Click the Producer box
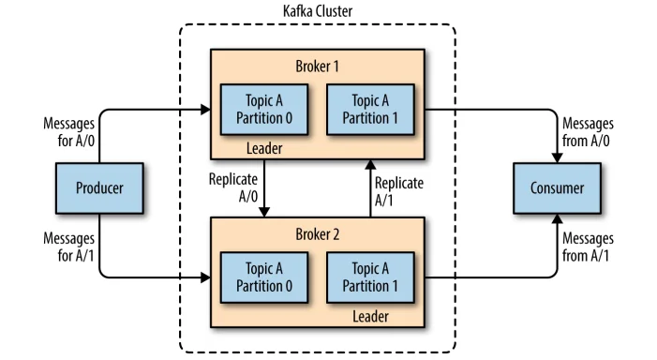(x=99, y=187)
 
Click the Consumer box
(x=556, y=187)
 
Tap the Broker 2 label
(x=316, y=234)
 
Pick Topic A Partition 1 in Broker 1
(x=369, y=110)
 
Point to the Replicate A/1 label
(x=398, y=191)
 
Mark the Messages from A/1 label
(x=586, y=247)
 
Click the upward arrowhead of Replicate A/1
(x=369, y=165)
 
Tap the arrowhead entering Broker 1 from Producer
(x=205, y=110)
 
